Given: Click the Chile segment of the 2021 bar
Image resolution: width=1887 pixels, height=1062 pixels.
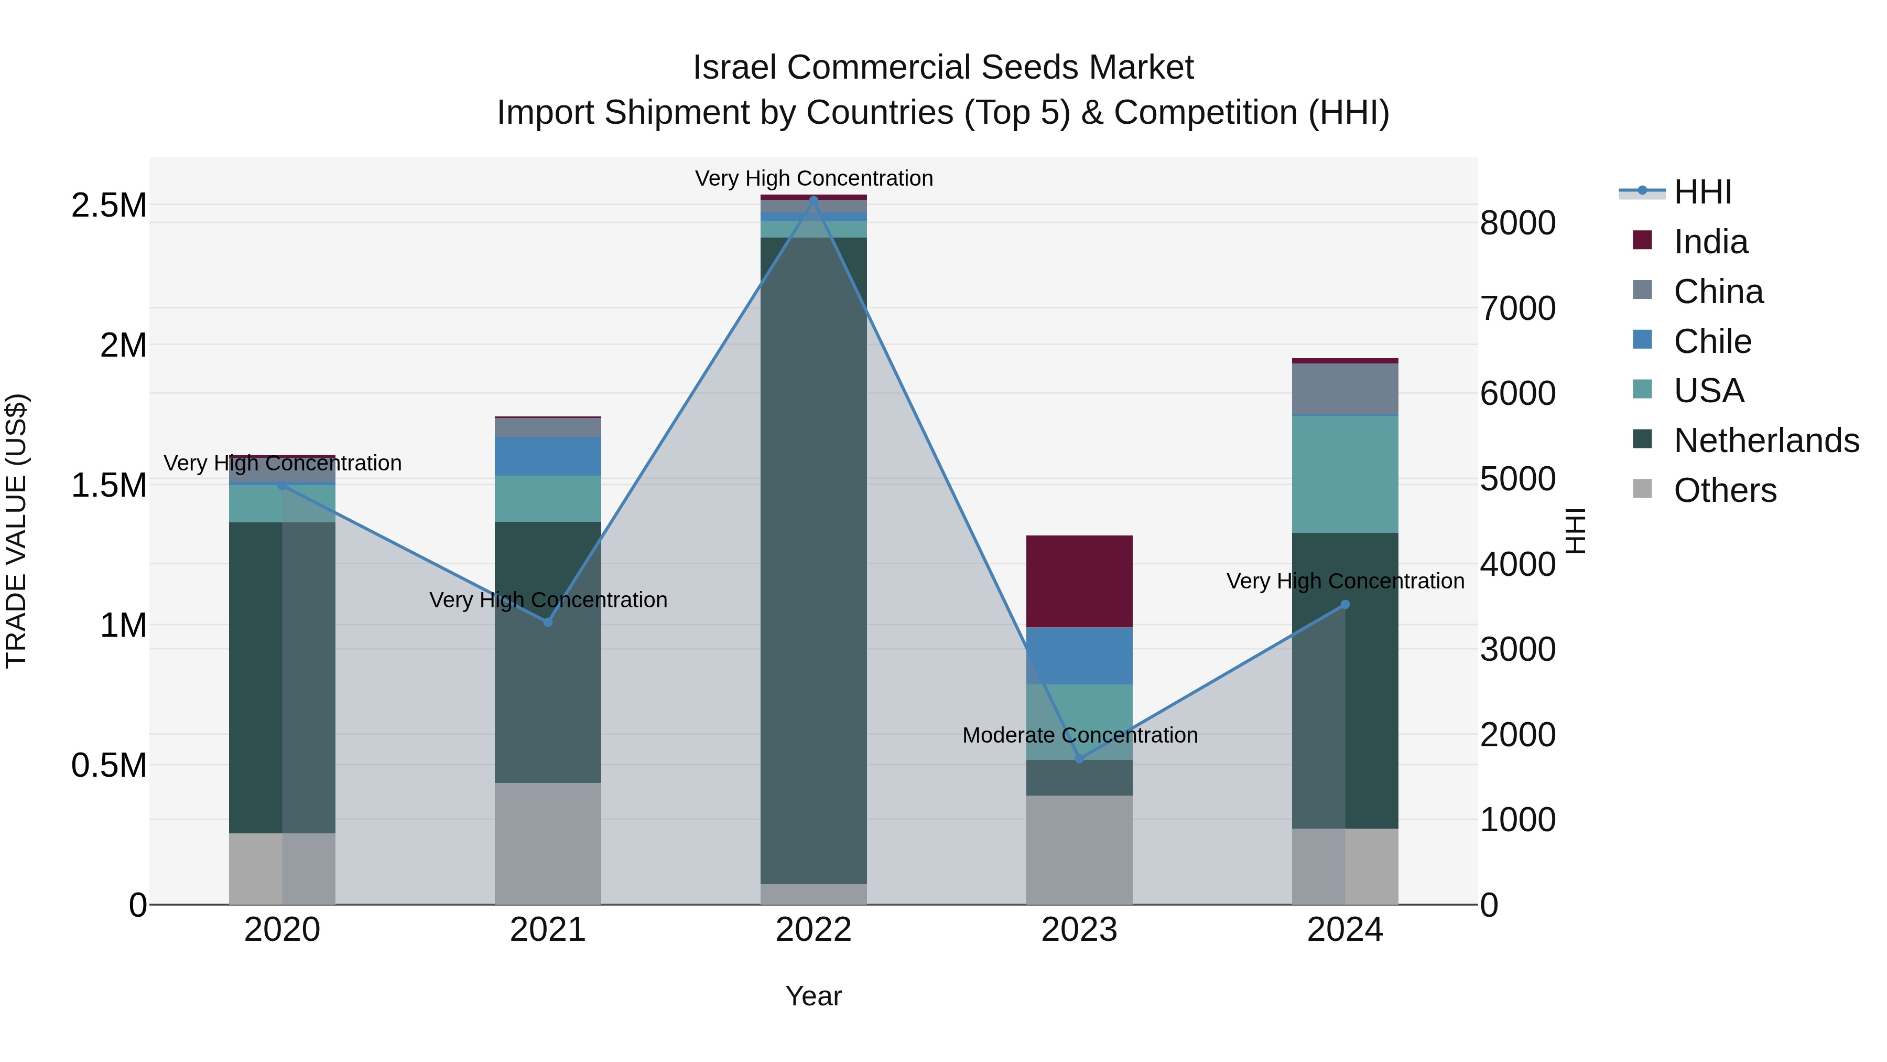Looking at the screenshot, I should click(547, 456).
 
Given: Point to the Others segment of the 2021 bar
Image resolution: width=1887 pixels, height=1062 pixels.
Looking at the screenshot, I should click(547, 843).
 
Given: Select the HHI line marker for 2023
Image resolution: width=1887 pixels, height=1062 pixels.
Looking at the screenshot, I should click(1079, 758).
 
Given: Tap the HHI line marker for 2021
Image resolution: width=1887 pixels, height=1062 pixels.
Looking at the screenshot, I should click(547, 621).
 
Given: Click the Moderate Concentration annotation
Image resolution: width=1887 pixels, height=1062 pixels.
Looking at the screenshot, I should click(1080, 735).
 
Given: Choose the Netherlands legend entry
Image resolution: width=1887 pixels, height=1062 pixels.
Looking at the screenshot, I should click(1765, 441).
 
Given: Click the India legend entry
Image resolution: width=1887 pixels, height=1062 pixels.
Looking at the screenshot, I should click(1710, 242).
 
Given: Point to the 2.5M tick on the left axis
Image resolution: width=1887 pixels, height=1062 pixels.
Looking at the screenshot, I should click(109, 205).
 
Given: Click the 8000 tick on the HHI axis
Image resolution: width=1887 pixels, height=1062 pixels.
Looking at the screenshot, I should click(1517, 223).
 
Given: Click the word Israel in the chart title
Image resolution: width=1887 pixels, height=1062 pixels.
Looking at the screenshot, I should click(735, 68).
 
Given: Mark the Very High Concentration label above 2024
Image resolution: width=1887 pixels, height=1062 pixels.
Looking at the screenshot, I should click(1345, 581).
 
